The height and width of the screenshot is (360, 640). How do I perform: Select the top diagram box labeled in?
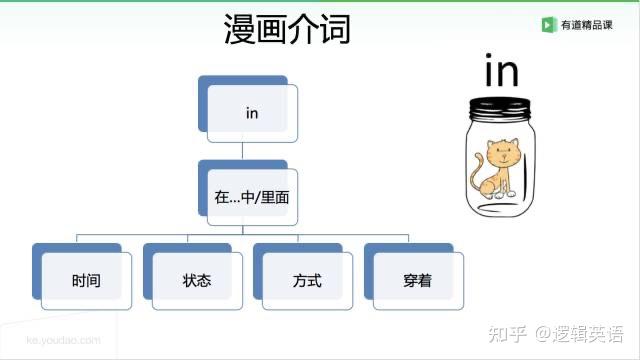[251, 113]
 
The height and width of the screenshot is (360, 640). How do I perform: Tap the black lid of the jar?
[502, 104]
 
